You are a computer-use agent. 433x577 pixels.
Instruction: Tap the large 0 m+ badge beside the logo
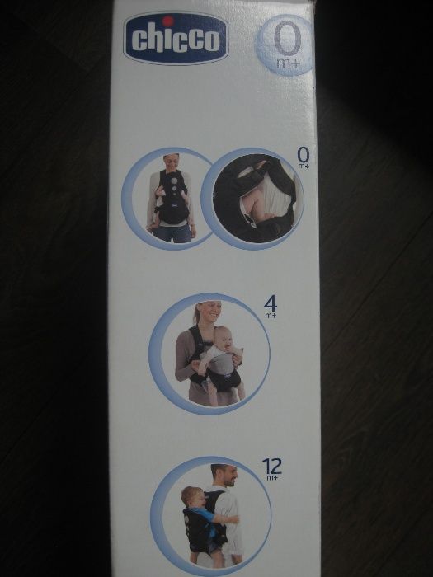285,46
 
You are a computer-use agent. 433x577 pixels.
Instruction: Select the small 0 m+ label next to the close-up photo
304,157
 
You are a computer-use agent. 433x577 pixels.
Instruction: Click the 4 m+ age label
271,305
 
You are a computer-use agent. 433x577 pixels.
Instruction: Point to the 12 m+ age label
271,468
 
